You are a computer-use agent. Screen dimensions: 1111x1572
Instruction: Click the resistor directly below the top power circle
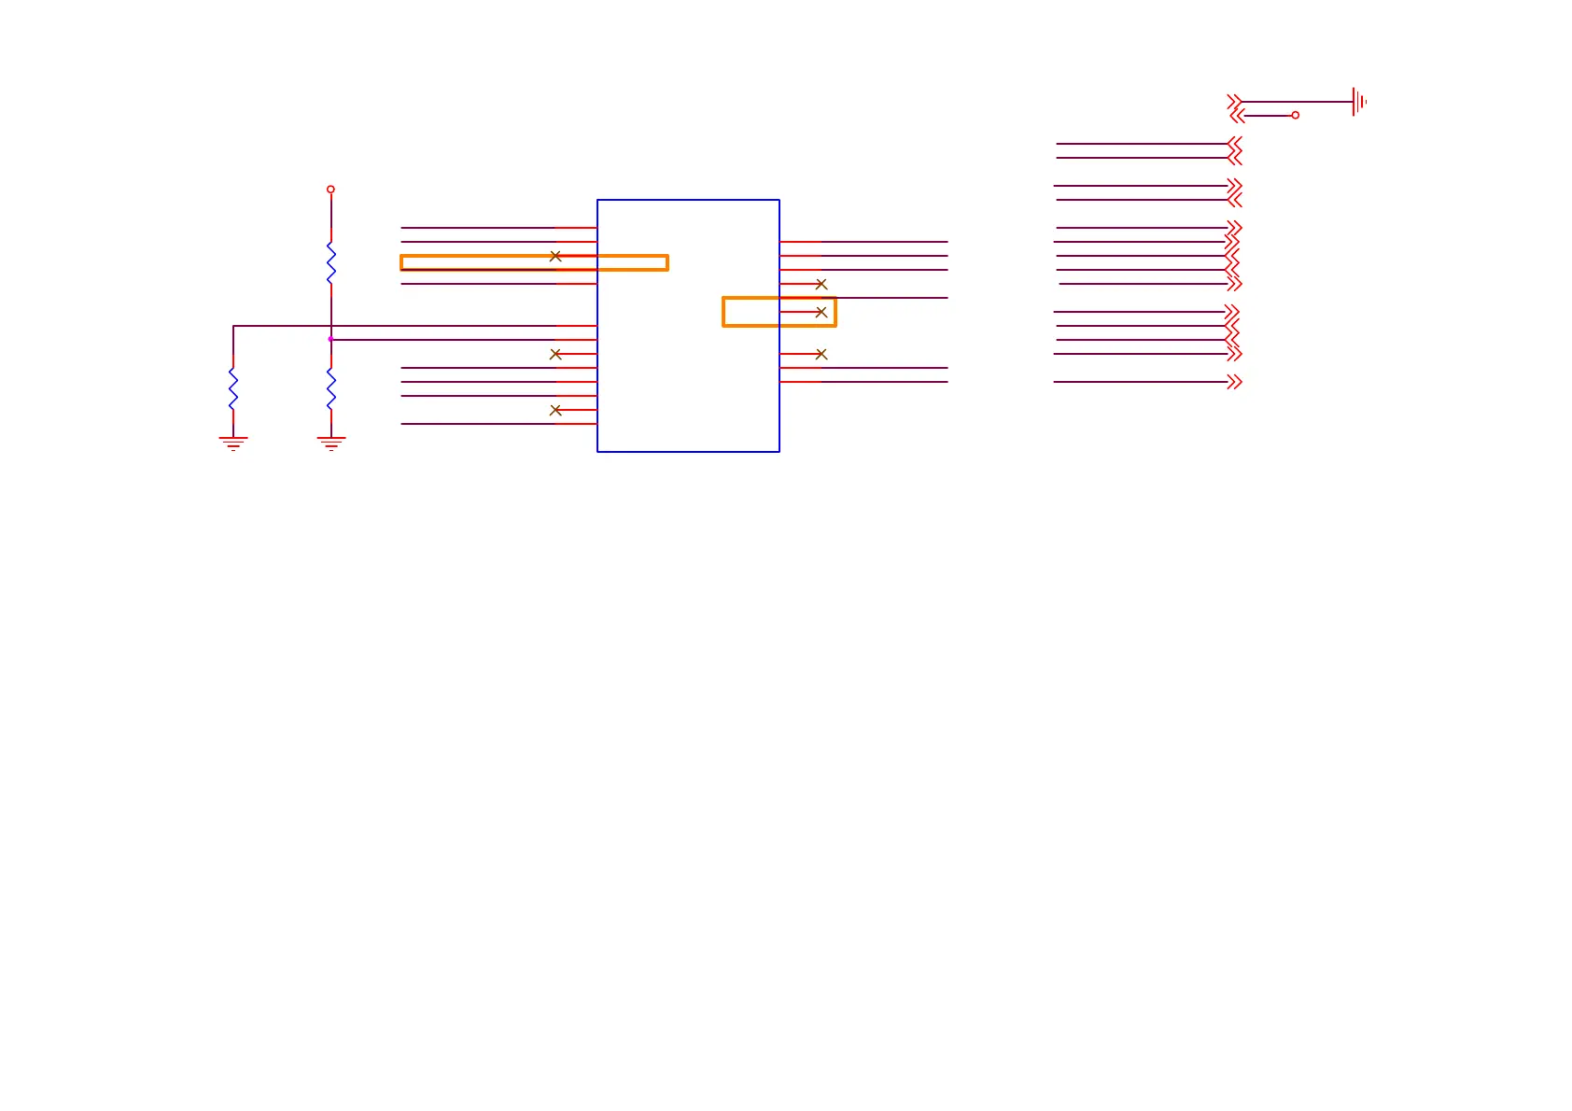point(330,262)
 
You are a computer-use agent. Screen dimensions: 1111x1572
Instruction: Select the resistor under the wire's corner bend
point(233,388)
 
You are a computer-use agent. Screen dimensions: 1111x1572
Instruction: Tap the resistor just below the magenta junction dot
point(330,388)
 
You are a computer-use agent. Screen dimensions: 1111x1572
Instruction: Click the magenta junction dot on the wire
point(330,339)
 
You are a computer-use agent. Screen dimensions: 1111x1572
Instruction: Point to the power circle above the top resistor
point(330,190)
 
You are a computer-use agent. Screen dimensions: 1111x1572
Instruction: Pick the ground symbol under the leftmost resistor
point(233,443)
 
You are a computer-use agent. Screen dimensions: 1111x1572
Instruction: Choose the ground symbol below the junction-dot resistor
point(330,443)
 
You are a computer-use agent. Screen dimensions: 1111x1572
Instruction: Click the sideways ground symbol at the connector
point(1358,102)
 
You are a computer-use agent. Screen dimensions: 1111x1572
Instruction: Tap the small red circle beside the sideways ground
point(1295,115)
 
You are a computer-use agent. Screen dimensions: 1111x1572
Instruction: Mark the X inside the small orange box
point(821,312)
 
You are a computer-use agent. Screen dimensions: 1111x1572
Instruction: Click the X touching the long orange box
point(555,256)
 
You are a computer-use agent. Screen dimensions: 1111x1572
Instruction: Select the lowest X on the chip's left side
point(555,410)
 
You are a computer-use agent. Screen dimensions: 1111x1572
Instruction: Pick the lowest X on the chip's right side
point(821,354)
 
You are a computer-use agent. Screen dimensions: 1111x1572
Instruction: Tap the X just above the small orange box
point(821,284)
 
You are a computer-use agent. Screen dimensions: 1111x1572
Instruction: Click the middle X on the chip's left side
point(555,354)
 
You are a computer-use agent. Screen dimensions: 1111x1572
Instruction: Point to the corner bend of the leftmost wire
point(233,326)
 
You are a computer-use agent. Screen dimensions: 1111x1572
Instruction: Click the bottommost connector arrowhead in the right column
point(1234,382)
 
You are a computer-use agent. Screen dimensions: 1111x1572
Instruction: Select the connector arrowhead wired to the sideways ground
point(1234,102)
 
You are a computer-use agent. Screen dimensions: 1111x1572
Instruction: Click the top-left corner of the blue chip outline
point(597,200)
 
